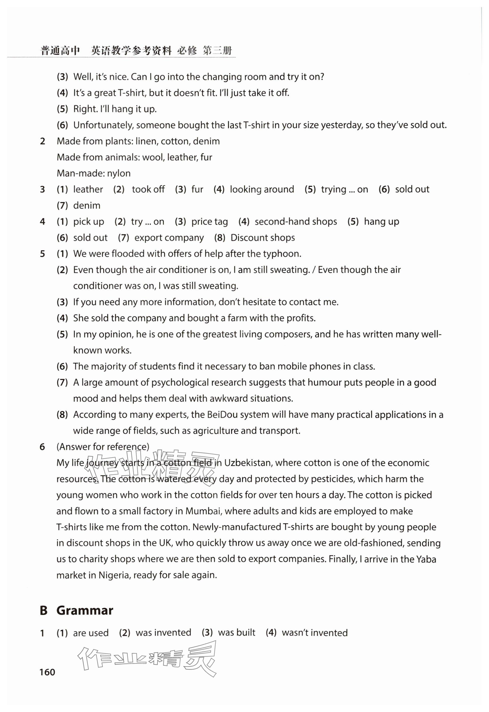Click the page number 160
[x=47, y=672]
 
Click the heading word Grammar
[x=85, y=610]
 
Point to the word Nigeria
[x=114, y=575]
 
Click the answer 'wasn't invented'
[x=315, y=633]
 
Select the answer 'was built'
[x=236, y=633]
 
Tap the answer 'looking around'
[x=262, y=189]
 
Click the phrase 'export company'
[x=169, y=238]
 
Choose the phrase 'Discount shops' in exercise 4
[x=263, y=238]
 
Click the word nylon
[x=119, y=173]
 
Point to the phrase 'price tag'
[x=210, y=221]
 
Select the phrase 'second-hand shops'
[x=296, y=221]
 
